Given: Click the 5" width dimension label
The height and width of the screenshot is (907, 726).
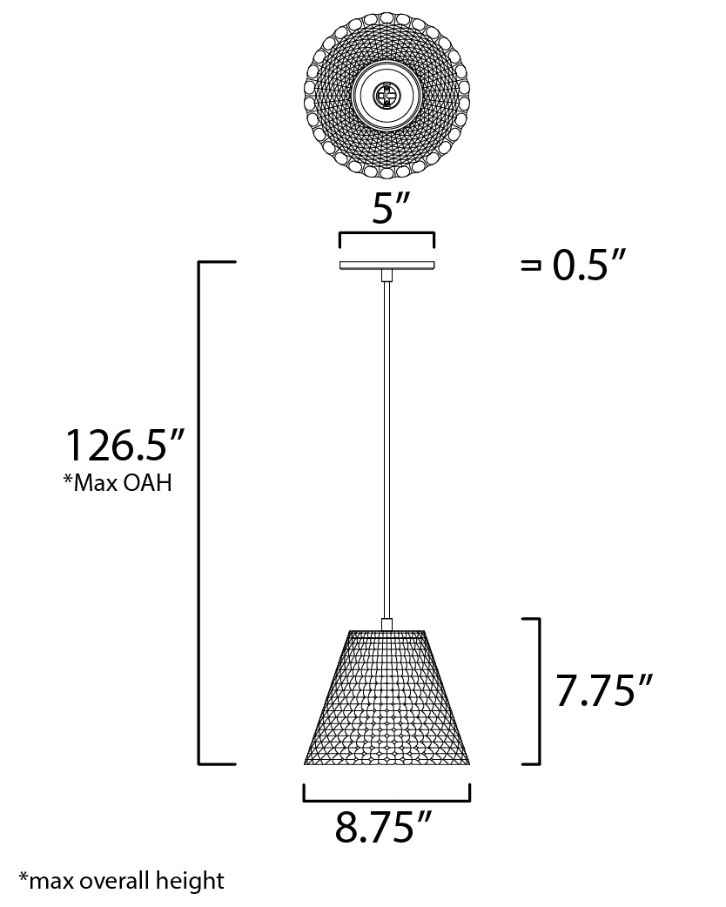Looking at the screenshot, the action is pos(391,208).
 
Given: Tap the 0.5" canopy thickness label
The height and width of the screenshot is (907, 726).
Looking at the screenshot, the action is pos(589,265).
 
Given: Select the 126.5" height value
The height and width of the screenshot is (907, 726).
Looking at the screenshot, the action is pos(124,445).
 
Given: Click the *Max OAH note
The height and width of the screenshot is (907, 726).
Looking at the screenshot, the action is pos(118,482).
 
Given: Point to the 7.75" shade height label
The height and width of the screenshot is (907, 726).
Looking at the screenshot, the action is pos(604,690).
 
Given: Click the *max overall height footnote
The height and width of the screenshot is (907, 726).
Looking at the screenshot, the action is pos(122,881).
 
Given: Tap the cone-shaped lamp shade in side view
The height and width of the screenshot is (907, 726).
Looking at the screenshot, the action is pos(387,697).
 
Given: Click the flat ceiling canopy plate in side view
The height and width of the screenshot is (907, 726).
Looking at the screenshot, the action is pos(387,265).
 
